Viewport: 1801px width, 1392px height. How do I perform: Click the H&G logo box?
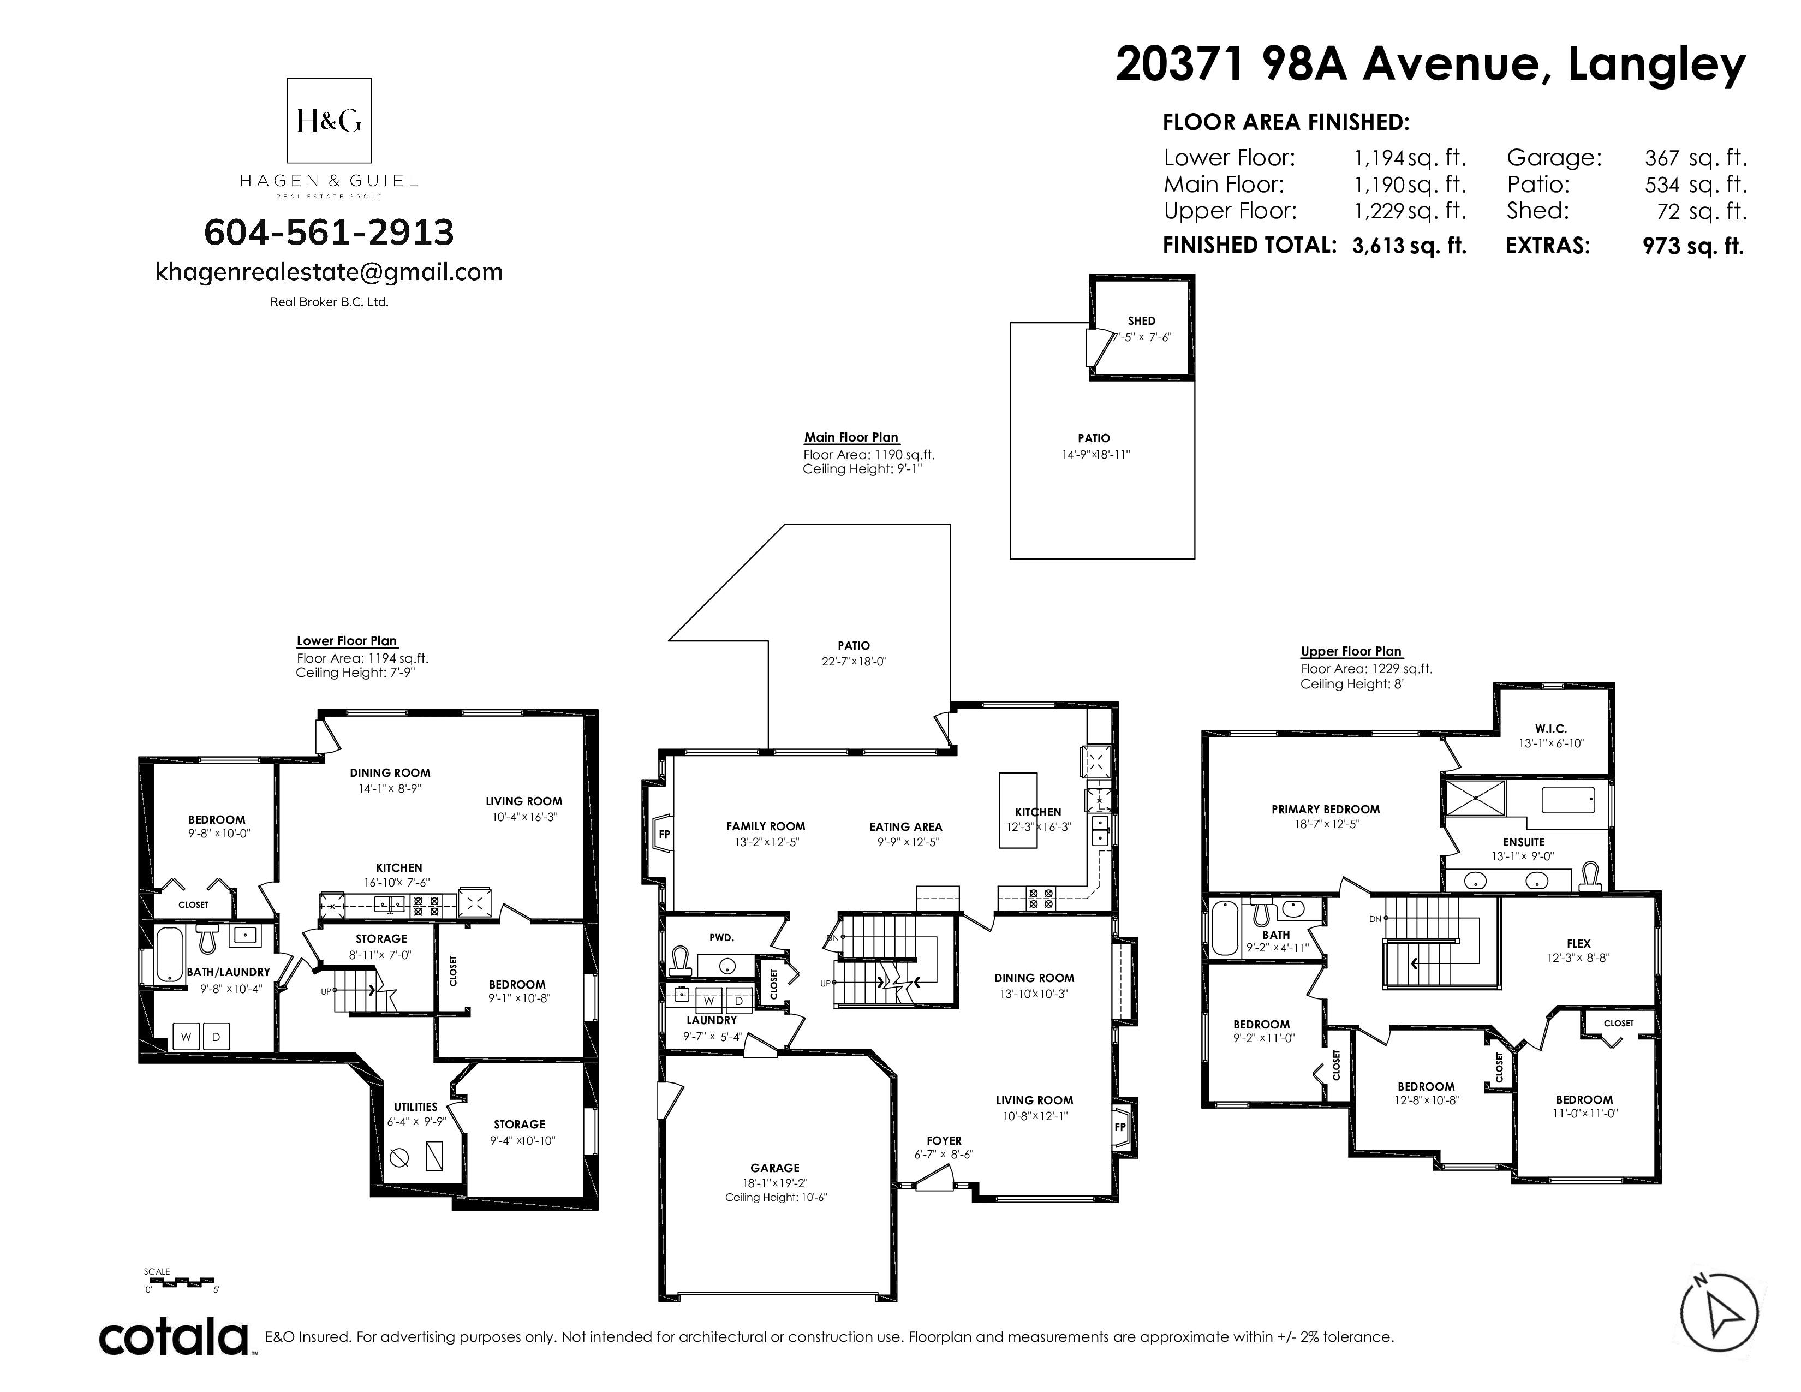coord(328,121)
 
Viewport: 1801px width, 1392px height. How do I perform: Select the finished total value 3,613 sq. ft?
coord(1409,246)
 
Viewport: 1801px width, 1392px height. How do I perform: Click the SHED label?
coord(1141,321)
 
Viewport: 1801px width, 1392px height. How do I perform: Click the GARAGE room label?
coord(774,1168)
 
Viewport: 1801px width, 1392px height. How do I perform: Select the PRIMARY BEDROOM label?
coord(1325,809)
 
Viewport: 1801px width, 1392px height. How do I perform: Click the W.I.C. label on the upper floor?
coord(1550,728)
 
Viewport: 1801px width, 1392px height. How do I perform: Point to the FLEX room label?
coord(1578,943)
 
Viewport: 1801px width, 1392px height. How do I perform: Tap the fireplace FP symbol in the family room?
coord(664,835)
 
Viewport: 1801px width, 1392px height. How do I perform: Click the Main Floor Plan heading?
coord(851,438)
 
